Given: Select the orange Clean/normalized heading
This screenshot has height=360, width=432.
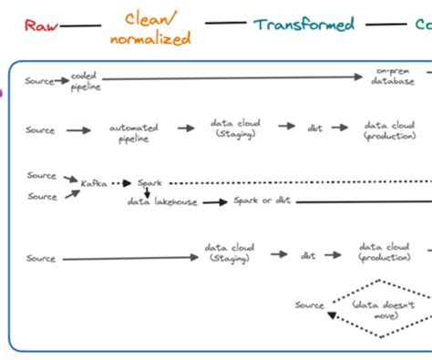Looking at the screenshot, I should (150, 28).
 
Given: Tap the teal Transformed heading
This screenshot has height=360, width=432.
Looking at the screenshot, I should (304, 25).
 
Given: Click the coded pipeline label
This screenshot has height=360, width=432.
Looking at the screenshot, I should (87, 81).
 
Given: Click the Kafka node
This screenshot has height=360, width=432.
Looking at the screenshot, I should (93, 183).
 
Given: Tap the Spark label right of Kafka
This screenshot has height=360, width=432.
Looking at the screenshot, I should (149, 183).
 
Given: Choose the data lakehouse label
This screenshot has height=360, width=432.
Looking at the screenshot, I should (162, 201).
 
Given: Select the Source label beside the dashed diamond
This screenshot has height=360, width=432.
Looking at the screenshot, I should (310, 305).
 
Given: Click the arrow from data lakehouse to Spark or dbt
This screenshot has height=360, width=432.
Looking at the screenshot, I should (214, 201).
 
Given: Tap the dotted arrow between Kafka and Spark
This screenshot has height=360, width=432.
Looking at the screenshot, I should (122, 183).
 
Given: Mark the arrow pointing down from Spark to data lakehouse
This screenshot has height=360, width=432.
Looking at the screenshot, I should (146, 192).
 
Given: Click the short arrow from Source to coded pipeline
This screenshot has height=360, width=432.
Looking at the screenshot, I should (62, 81).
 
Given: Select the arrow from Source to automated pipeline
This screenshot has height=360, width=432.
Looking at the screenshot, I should (78, 131).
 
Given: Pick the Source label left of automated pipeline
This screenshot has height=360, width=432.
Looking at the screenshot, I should (41, 131).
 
